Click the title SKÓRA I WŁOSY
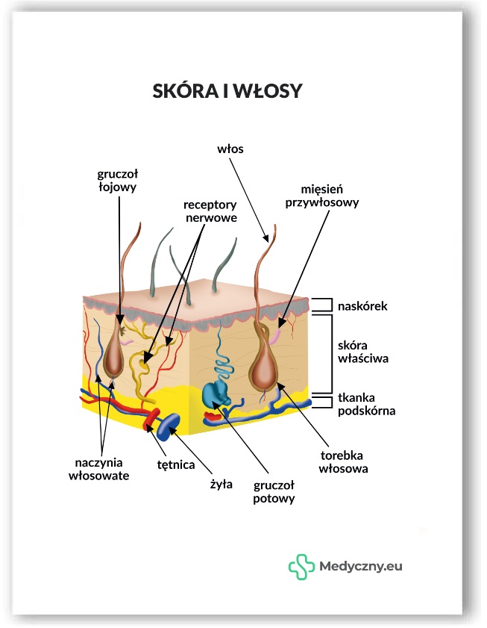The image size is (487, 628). point(227,90)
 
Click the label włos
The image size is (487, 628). point(230,149)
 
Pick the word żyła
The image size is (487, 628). point(222,484)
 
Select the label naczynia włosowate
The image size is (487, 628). point(98,467)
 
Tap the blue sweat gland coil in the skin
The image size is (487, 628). point(216,394)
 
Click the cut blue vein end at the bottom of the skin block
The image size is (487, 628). point(168,426)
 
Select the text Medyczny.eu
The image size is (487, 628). point(361,567)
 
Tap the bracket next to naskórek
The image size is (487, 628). point(321,305)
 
